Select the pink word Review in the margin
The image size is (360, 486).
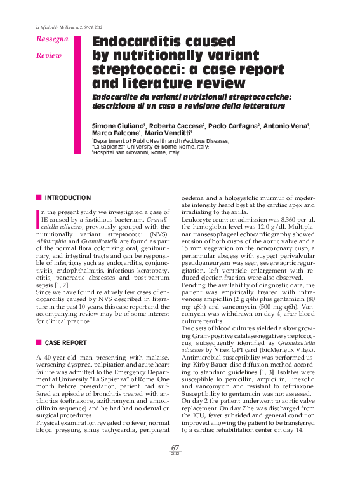(48, 55)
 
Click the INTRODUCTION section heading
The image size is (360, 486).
(68, 198)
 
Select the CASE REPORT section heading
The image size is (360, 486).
(66, 342)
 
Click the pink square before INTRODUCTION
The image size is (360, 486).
(39, 198)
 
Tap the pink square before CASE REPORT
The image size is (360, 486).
(39, 342)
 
